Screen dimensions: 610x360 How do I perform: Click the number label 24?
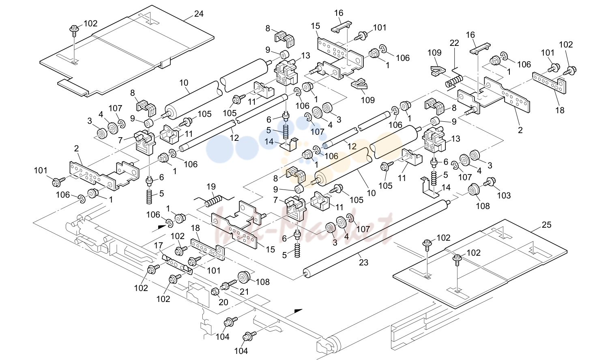click(x=199, y=13)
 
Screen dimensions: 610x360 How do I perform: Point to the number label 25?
click(x=546, y=225)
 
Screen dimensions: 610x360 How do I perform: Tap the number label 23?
click(x=363, y=263)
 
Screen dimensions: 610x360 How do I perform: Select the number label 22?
click(x=454, y=43)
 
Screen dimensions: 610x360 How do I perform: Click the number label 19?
click(x=211, y=187)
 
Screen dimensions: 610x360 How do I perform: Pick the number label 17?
click(x=159, y=246)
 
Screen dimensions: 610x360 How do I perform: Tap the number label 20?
click(x=223, y=302)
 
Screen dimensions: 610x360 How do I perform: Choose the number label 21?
click(x=244, y=291)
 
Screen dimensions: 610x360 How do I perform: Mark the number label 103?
click(x=504, y=195)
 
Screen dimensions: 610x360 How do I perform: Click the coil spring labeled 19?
click(x=214, y=201)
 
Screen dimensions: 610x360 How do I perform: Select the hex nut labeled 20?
click(x=215, y=291)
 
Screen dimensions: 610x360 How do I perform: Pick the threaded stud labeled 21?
click(x=229, y=285)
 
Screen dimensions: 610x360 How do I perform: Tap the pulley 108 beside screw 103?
click(x=474, y=190)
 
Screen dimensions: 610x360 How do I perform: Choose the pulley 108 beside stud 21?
click(x=244, y=278)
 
